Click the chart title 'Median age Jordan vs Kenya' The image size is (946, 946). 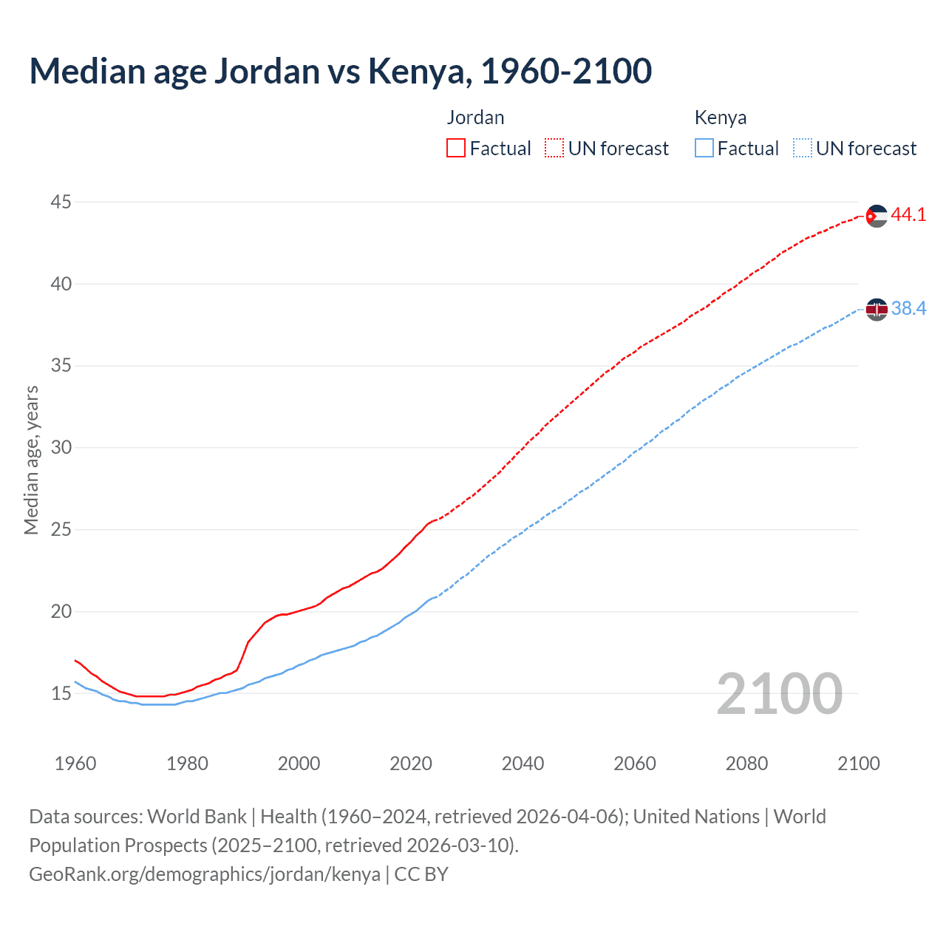(x=340, y=71)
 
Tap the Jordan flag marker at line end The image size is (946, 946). (x=877, y=216)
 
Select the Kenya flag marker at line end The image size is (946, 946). (x=877, y=309)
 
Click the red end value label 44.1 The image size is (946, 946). (x=908, y=215)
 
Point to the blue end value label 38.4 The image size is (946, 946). (x=908, y=309)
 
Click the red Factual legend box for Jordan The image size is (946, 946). (x=456, y=149)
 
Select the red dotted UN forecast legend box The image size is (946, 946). (x=554, y=149)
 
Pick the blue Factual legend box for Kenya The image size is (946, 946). (x=704, y=149)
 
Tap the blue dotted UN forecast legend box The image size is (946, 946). (x=802, y=149)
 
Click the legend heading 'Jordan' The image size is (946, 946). (x=475, y=118)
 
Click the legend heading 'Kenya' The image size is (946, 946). (x=721, y=118)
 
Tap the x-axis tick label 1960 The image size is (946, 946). (x=75, y=763)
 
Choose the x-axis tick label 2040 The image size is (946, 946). (x=523, y=763)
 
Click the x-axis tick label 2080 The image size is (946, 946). (x=746, y=763)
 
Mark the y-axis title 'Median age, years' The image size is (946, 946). (x=31, y=460)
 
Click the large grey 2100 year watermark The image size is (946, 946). (x=779, y=694)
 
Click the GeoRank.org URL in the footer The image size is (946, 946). (x=205, y=874)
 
